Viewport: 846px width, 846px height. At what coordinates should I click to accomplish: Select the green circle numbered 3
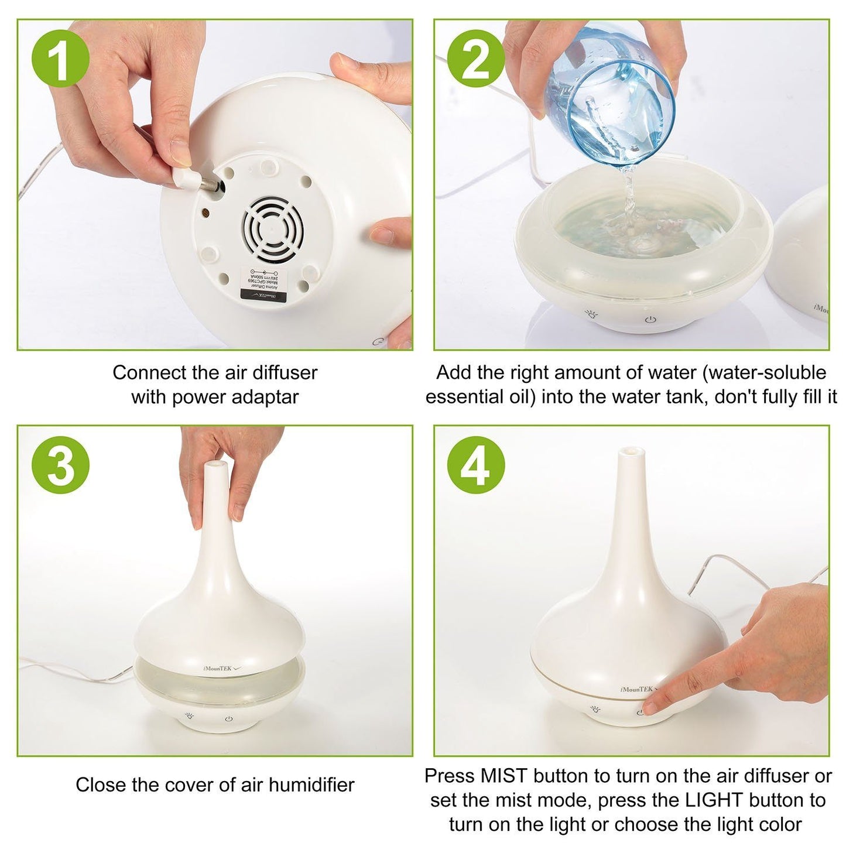coord(61,465)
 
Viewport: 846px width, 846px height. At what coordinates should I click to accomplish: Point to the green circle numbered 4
coord(476,465)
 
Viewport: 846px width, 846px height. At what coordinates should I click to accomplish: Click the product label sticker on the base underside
coord(262,285)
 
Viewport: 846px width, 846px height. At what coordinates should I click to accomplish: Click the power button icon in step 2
coord(649,319)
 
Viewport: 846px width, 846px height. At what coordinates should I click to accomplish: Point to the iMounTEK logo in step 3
coord(217,667)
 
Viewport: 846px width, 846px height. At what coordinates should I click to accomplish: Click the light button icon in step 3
coord(189,715)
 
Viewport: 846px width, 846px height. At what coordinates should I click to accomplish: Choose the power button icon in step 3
coord(229,719)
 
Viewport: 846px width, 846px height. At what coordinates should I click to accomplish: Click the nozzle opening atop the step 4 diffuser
coord(631,451)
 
